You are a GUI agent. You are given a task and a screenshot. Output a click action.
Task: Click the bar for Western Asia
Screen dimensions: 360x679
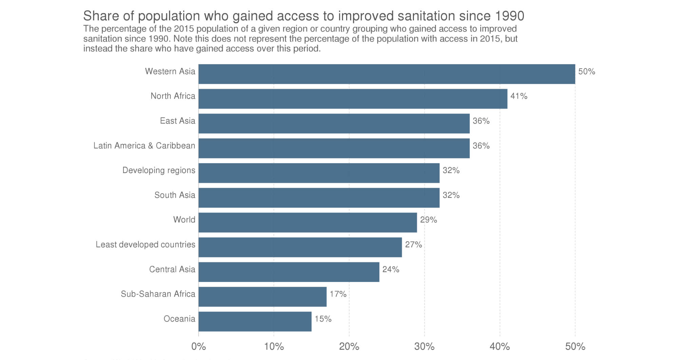pyautogui.click(x=387, y=74)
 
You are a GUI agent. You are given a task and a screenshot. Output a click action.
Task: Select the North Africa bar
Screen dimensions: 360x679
pyautogui.click(x=353, y=99)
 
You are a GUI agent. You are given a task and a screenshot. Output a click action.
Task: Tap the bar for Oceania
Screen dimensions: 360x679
pyautogui.click(x=255, y=321)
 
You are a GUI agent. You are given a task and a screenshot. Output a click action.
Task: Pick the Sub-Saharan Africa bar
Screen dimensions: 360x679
pyautogui.click(x=262, y=297)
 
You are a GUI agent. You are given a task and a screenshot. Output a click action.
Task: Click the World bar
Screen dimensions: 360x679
pyautogui.click(x=307, y=223)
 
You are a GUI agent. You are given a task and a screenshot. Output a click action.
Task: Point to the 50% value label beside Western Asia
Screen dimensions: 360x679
pyautogui.click(x=586, y=72)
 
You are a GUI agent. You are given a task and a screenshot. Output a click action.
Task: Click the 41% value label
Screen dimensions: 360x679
pyautogui.click(x=518, y=96)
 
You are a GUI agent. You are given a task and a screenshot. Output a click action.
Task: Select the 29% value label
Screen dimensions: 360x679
pyautogui.click(x=428, y=220)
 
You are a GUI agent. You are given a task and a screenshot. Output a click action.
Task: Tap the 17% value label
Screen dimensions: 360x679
pyautogui.click(x=338, y=294)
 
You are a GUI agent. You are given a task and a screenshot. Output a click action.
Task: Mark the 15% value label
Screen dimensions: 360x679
pyautogui.click(x=323, y=319)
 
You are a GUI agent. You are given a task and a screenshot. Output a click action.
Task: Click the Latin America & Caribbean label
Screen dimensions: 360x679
pyautogui.click(x=144, y=146)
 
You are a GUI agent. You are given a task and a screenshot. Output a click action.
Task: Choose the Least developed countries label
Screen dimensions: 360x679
pyautogui.click(x=145, y=245)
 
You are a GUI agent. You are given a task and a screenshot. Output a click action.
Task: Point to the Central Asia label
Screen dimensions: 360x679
pyautogui.click(x=172, y=269)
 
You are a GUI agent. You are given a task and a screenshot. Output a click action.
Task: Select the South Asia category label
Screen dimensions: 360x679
pyautogui.click(x=175, y=195)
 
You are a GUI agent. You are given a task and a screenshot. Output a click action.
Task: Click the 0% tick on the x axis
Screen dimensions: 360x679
pyautogui.click(x=199, y=346)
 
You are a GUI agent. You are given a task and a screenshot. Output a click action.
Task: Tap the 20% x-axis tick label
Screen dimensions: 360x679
pyautogui.click(x=349, y=346)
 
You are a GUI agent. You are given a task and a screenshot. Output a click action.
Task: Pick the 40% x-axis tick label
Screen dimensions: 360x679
pyautogui.click(x=499, y=346)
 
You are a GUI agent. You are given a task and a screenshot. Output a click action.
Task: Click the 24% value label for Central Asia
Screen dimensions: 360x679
pyautogui.click(x=391, y=269)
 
